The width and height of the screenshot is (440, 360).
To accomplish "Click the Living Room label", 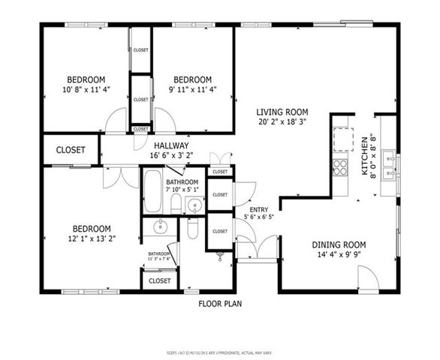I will coord(282,112).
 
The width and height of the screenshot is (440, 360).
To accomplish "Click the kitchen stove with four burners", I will coord(340,166).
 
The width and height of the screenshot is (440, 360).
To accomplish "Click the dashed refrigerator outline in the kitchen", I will coord(344,139).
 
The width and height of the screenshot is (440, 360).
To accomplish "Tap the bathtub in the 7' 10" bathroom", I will coord(152,191).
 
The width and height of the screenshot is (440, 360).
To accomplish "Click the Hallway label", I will coord(171,145).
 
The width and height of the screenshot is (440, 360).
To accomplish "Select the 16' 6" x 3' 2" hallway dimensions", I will coord(171,156).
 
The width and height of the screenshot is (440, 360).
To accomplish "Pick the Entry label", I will coord(258,210).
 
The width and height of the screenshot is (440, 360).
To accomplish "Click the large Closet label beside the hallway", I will coord(71,150).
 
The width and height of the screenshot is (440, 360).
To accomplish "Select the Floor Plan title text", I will coord(220,304).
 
